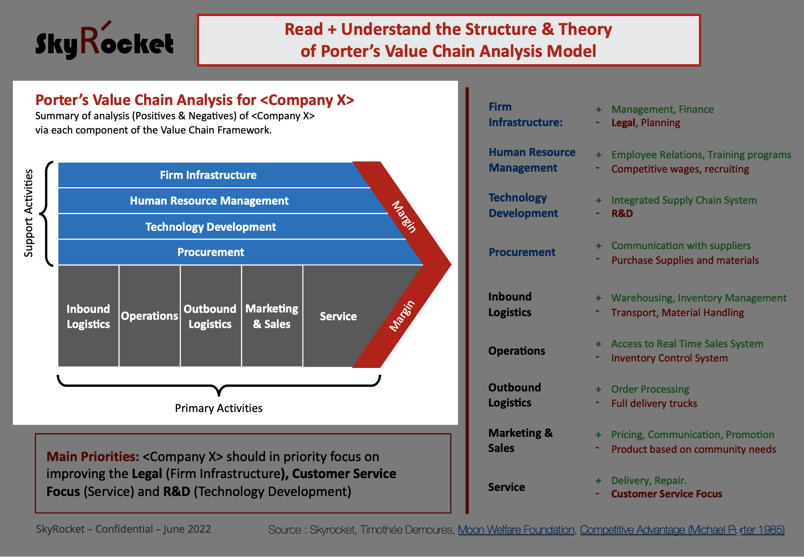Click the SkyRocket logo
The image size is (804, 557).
pyautogui.click(x=105, y=41)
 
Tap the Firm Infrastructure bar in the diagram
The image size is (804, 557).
pyautogui.click(x=209, y=175)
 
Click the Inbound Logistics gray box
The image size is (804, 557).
pyautogui.click(x=89, y=316)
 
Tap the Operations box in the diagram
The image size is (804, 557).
pyautogui.click(x=150, y=316)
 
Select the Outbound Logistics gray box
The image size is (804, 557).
pyautogui.click(x=211, y=316)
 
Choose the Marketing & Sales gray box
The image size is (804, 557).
pyautogui.click(x=272, y=316)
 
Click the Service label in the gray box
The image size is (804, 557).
pyautogui.click(x=338, y=316)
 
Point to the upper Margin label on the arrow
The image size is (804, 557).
pyautogui.click(x=404, y=217)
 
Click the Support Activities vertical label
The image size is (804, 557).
pyautogui.click(x=28, y=213)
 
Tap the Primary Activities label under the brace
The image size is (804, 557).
pyautogui.click(x=218, y=408)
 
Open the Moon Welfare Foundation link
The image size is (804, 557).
pyautogui.click(x=516, y=530)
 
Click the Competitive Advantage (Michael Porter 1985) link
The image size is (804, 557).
pyautogui.click(x=682, y=530)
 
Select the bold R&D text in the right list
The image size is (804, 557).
pyautogui.click(x=622, y=213)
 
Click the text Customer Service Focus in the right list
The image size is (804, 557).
pyautogui.click(x=667, y=494)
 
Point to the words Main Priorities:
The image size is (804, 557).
pyautogui.click(x=93, y=457)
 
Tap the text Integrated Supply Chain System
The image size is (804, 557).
pyautogui.click(x=684, y=200)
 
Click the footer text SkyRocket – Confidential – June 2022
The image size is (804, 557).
pyautogui.click(x=123, y=529)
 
